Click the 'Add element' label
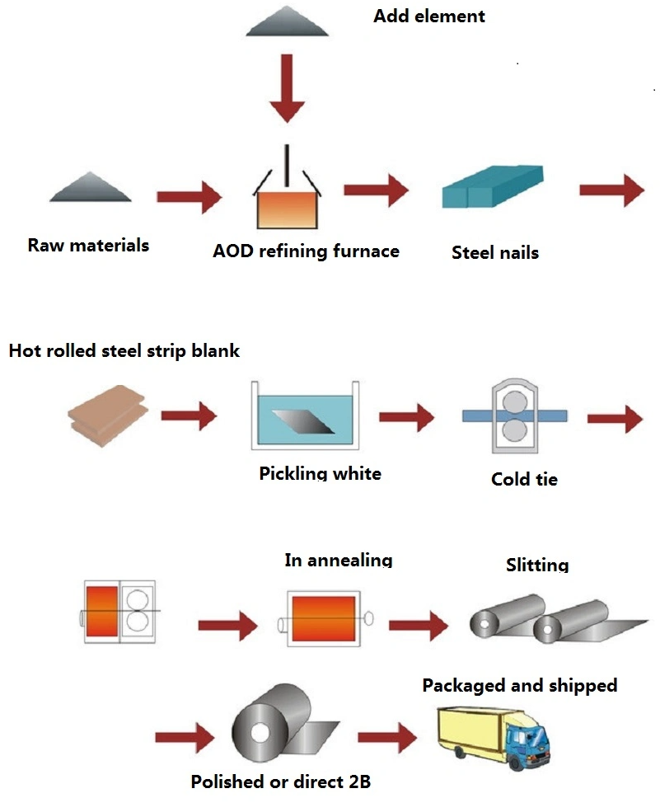pos(428,16)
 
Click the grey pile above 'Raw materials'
pos(91,188)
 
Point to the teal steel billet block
pos(493,186)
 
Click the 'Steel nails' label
pos(494,252)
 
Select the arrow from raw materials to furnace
pos(189,197)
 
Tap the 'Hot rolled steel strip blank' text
pos(124,351)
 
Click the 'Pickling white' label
pos(320,474)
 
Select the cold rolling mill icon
pos(515,416)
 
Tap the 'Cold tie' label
pos(524,479)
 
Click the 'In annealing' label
pos(338,561)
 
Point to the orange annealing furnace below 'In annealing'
pos(322,617)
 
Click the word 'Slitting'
pos(537,566)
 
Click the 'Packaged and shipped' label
pos(519,685)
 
